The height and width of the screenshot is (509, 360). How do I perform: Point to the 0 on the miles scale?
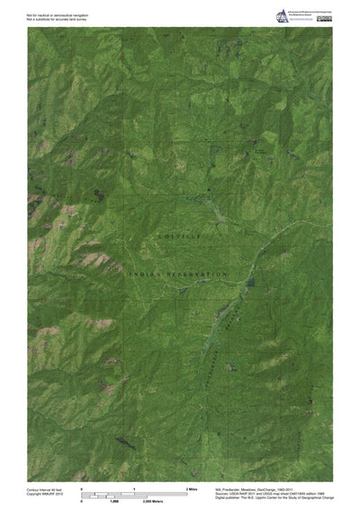pyautogui.click(x=83, y=487)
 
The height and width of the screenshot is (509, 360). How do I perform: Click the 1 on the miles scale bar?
pyautogui.click(x=135, y=487)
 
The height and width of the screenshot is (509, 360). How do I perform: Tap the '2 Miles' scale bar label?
pyautogui.click(x=190, y=487)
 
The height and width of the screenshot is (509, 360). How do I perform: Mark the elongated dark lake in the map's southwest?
pyautogui.click(x=120, y=442)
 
